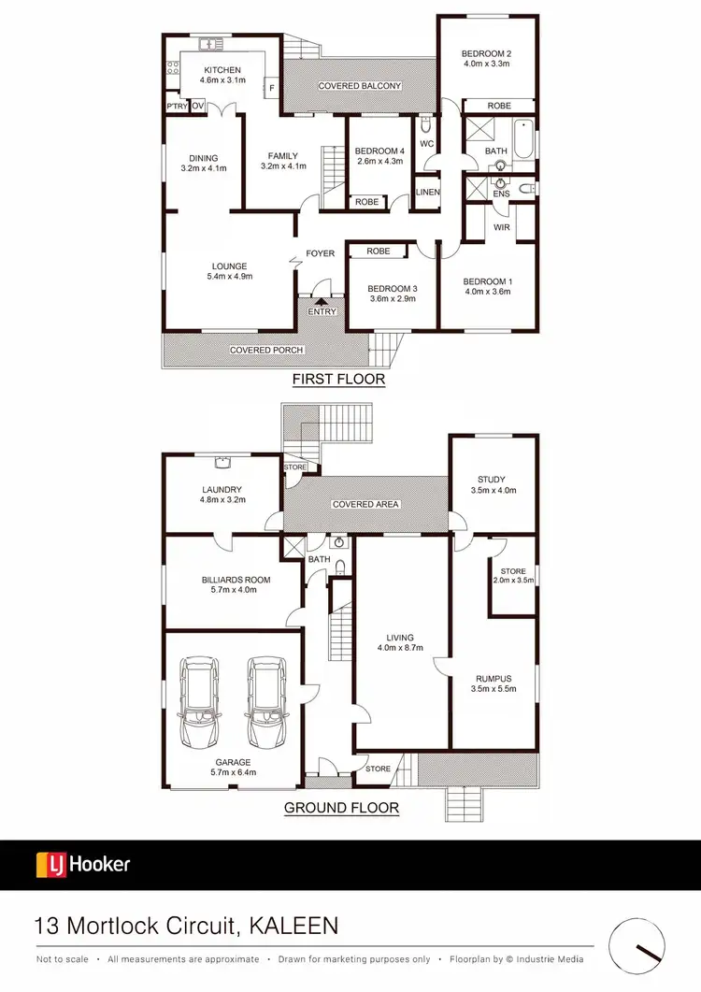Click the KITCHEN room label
click(x=220, y=70)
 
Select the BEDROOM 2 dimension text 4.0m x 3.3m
click(x=485, y=65)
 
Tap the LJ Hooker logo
click(x=83, y=864)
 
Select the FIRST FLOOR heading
click(x=338, y=380)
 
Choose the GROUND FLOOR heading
click(x=341, y=808)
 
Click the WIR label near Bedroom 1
click(x=502, y=226)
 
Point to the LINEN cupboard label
click(x=427, y=193)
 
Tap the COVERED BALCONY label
click(x=360, y=86)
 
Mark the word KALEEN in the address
click(x=294, y=927)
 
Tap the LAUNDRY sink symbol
click(x=222, y=461)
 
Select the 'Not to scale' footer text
click(x=63, y=959)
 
